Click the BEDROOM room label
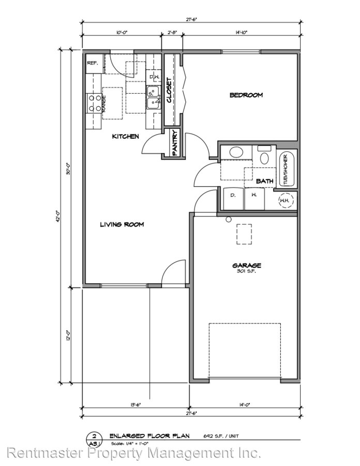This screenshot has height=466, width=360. (246, 95)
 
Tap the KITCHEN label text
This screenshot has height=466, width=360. (126, 137)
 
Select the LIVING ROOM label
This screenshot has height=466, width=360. (122, 224)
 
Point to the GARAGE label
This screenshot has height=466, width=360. (246, 265)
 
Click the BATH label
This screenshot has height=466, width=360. (264, 181)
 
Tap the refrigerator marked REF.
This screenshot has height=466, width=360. (93, 63)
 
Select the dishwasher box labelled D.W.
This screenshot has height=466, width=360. (154, 77)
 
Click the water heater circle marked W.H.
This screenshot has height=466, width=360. (285, 200)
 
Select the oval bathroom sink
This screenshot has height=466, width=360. (235, 153)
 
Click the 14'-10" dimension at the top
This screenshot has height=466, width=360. (241, 33)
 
